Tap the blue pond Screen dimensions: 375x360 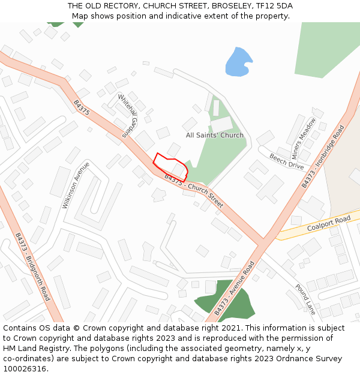click(x=238, y=62)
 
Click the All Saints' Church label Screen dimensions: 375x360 click(x=215, y=136)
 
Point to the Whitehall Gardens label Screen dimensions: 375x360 click(x=128, y=116)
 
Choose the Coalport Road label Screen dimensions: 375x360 click(x=328, y=224)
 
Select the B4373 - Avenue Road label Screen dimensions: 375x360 click(x=235, y=289)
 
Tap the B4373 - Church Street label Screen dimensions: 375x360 click(x=193, y=191)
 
